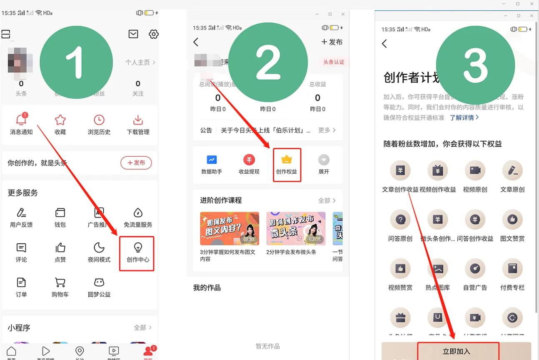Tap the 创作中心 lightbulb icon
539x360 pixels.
click(137, 247)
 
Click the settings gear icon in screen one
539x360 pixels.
click(154, 34)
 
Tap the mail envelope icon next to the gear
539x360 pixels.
click(133, 34)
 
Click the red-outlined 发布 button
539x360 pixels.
click(136, 162)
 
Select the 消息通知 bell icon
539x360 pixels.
click(21, 120)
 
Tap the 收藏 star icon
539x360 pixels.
click(60, 120)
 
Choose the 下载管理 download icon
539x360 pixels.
click(138, 120)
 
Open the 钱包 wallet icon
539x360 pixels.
click(60, 213)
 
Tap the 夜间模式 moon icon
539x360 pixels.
click(99, 248)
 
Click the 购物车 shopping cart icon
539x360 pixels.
click(60, 283)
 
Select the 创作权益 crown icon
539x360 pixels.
click(286, 160)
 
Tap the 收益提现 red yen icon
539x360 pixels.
click(249, 160)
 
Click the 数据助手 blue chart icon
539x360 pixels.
click(212, 160)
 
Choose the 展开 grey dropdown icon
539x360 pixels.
click(324, 160)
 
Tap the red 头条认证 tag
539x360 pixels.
click(334, 62)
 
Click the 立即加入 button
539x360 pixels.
click(456, 351)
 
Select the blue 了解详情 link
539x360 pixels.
click(464, 117)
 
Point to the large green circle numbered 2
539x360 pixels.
click(268, 63)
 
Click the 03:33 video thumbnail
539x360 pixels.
click(230, 228)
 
